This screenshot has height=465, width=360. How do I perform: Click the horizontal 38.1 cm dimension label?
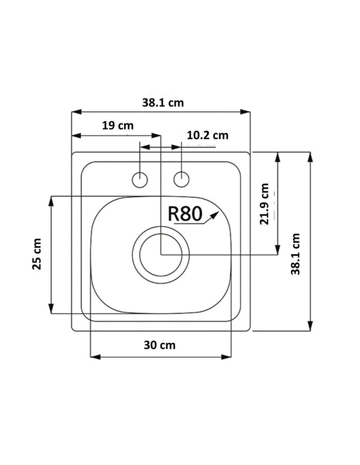tap(163, 103)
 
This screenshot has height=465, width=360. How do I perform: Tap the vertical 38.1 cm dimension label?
tap(295, 254)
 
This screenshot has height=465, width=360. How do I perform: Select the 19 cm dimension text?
tap(118, 126)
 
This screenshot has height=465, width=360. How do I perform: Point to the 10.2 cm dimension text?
tap(208, 135)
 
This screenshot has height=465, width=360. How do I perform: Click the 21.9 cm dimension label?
tap(264, 204)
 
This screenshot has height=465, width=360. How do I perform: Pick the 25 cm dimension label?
tap(37, 254)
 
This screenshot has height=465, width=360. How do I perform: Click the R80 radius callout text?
tap(185, 214)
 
